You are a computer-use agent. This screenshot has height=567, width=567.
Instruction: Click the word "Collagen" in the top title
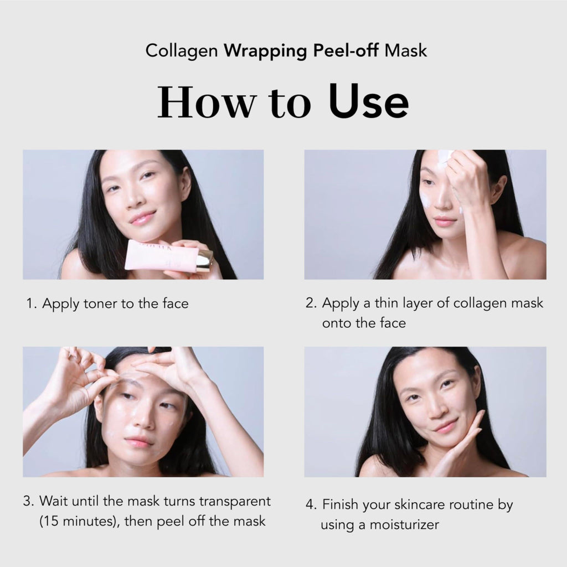[181, 51]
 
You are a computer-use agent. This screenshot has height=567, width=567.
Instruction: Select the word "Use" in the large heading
[369, 103]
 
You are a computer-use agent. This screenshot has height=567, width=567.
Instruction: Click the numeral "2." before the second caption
[311, 303]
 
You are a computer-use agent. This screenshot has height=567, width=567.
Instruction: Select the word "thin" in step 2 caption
[389, 303]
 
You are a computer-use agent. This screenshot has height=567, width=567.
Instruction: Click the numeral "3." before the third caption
[29, 502]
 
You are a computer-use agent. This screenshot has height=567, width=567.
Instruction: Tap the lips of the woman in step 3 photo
[138, 442]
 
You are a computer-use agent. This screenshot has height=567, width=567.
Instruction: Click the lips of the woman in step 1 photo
[143, 218]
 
